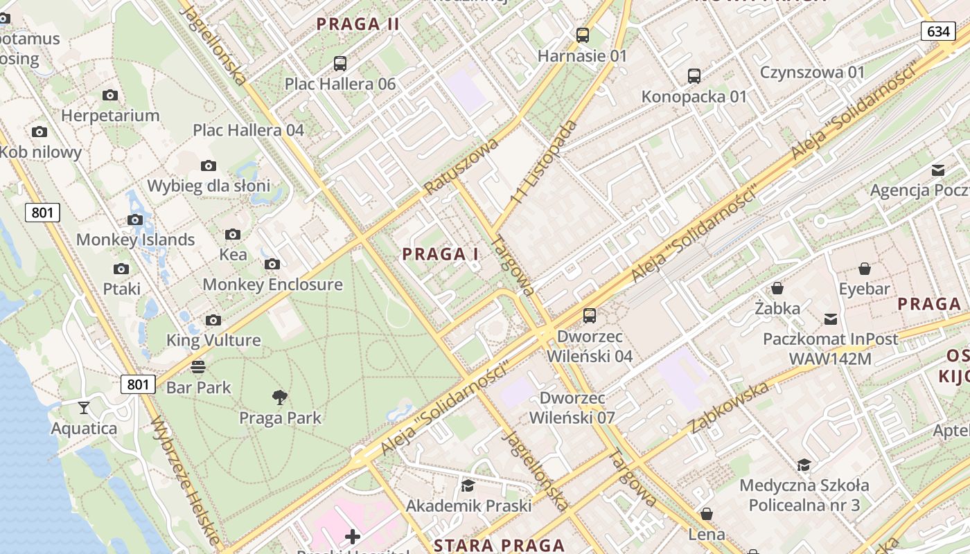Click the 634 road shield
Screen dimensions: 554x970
938,31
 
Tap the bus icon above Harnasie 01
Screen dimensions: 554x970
583,35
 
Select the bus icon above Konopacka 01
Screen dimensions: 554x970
694,75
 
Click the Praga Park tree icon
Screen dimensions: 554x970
280,397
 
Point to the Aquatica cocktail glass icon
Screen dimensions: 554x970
84,407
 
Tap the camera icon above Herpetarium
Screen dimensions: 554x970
109,95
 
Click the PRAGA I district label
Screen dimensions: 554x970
441,254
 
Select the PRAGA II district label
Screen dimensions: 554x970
358,24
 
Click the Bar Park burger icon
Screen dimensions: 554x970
198,366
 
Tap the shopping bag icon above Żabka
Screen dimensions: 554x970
777,287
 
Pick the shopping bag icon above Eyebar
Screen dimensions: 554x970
864,268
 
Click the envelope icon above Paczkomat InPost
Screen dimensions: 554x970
830,319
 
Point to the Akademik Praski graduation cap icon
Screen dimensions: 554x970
468,485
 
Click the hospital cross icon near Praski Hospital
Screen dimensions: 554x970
353,536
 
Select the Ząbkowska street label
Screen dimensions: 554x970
730,406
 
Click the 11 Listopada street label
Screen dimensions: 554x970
545,162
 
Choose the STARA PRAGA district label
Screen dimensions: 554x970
499,545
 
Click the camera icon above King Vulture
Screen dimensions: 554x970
213,320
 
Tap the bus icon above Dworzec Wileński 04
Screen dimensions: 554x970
590,315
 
